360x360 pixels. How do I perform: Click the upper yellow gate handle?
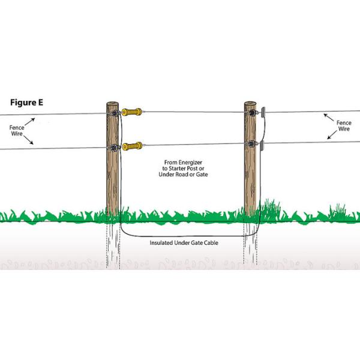133,112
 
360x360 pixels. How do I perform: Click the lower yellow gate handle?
133,146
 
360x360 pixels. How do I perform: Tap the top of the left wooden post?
112,104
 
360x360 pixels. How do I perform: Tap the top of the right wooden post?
250,104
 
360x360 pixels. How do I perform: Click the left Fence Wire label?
18,130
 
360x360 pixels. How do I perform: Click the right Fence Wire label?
343,127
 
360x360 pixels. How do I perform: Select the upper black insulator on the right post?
251,111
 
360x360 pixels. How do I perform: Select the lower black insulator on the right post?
251,144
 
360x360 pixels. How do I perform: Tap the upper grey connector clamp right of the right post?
262,110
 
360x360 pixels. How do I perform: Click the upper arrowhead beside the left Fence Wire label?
34,120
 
